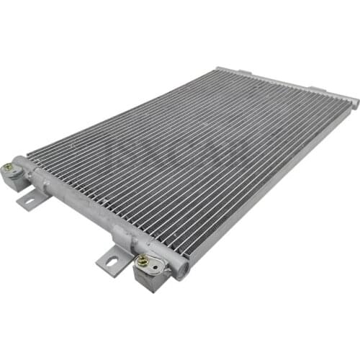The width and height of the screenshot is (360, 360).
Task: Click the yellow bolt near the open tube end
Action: pos(143,260)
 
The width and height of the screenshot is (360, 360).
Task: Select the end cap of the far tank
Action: pos(354,103)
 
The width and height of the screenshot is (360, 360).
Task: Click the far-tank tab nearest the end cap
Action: pos(318,89)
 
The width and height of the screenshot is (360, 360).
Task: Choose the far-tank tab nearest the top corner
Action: pos(244,72)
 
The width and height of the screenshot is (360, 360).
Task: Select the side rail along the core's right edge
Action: pos(274,180)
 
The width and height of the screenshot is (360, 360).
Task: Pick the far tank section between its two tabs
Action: pos(281,81)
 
